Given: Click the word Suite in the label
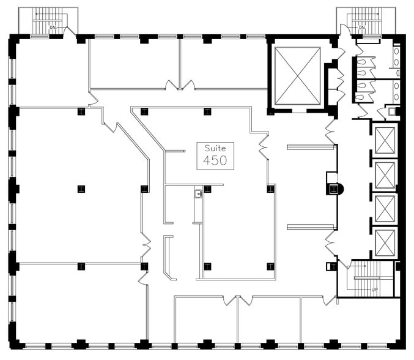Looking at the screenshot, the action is point(215,148).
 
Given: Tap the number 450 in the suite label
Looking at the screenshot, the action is point(215,160).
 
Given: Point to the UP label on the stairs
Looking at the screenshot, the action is point(374,290).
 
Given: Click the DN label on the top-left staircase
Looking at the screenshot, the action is point(53,28).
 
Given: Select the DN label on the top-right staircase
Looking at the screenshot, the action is point(361,28).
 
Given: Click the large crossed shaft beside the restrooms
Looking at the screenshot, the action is point(298,76).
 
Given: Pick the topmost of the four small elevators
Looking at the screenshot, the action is point(385,140).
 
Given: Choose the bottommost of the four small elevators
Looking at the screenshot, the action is point(385,243).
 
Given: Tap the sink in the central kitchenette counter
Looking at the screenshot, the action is point(198,193).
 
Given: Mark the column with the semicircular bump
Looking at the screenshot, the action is point(335,189).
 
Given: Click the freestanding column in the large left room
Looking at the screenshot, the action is point(81,189).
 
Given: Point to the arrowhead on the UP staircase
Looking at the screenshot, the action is point(366,266).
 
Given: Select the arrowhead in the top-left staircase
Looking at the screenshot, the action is point(37,14).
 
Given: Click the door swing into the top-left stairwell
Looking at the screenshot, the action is point(70,31).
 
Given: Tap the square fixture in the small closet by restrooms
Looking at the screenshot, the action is point(392,111).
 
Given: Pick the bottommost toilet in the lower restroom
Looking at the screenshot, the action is point(360,97).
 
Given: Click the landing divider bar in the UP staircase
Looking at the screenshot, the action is point(367,278).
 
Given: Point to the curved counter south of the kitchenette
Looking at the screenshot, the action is point(168,258).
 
